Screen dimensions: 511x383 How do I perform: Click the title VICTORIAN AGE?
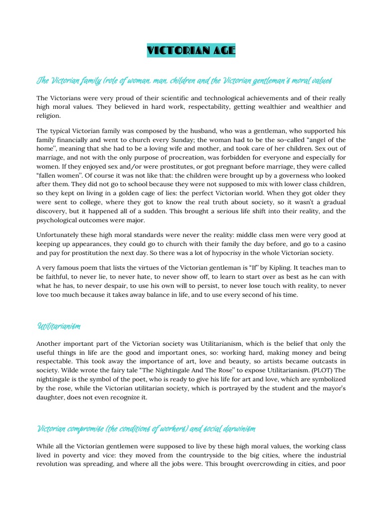point(191,50)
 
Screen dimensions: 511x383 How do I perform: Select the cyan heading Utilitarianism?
point(59,326)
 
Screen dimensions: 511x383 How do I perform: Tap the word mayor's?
point(328,388)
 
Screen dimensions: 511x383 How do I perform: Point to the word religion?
point(48,115)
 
